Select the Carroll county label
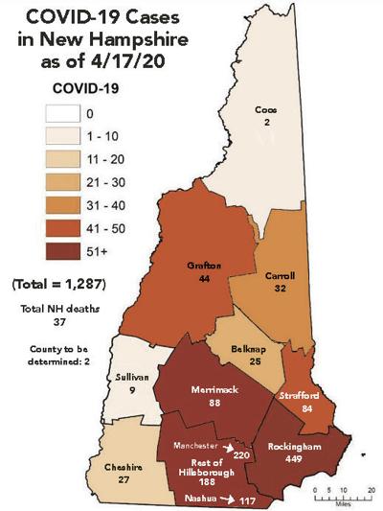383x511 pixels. [279, 275]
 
